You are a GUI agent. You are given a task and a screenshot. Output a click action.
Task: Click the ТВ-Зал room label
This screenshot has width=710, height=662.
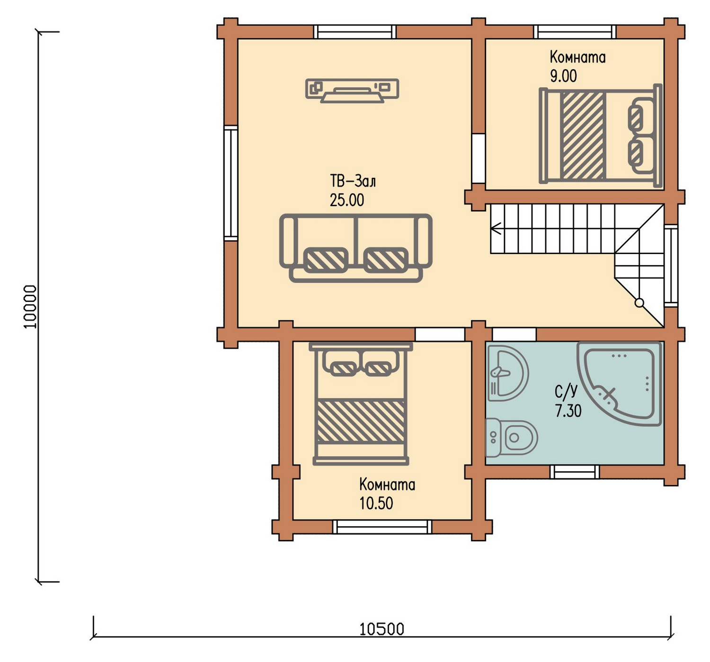tap(353, 182)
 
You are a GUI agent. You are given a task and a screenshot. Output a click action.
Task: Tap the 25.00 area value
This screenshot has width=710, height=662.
tap(347, 200)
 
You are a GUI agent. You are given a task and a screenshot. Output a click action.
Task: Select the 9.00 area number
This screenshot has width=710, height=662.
tap(563, 76)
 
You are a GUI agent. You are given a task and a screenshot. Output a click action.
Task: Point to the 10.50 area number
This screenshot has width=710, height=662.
tap(376, 503)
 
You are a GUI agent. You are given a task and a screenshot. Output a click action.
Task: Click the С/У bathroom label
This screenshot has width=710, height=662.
tap(566, 392)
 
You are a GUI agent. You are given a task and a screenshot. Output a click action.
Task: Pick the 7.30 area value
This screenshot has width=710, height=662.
tap(568, 411)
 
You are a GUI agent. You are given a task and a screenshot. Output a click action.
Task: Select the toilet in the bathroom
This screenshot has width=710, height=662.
tap(511, 438)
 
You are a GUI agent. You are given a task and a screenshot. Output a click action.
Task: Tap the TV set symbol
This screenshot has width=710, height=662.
tap(352, 91)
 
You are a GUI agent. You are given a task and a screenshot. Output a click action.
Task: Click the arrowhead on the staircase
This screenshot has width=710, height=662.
tap(496, 228)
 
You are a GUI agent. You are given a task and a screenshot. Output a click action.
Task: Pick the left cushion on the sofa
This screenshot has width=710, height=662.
tap(326, 260)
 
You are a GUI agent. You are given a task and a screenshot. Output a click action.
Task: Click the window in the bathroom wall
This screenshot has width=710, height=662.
tap(575, 472)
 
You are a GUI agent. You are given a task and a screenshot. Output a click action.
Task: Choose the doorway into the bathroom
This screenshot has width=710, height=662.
tap(514, 335)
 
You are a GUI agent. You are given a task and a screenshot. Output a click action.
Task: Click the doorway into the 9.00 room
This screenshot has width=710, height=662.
tap(479, 158)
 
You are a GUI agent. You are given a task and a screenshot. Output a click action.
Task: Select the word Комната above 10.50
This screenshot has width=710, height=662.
tap(387, 485)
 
